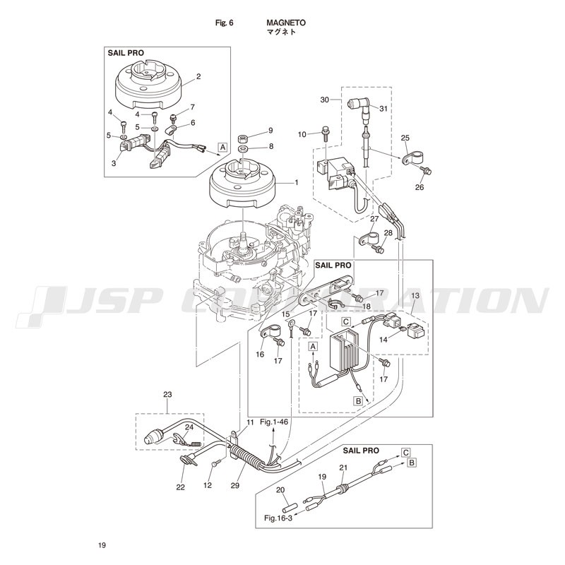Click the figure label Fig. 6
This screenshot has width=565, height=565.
pos(224,23)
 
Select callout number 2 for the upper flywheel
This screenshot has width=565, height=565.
pos(198,76)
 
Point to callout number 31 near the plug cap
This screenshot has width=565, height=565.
pos(384,109)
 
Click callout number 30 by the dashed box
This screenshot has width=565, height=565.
pos(324,100)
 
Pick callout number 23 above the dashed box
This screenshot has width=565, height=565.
pos(167,395)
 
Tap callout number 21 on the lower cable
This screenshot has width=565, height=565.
pos(344,467)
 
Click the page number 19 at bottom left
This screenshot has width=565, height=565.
pos(102,545)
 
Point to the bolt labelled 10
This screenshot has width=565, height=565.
pos(323,132)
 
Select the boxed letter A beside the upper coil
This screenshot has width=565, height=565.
pos(222,147)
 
